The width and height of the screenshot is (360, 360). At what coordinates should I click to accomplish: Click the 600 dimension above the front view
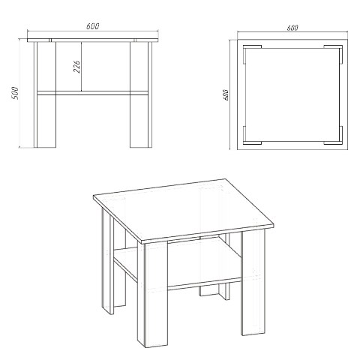click(x=93, y=26)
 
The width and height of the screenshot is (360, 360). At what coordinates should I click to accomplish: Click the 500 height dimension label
click(x=15, y=93)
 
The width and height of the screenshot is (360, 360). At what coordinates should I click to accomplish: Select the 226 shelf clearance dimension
click(x=77, y=67)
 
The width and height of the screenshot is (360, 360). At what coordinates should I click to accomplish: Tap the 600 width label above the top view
click(x=292, y=28)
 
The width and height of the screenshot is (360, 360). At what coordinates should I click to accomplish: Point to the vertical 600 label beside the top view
click(x=226, y=95)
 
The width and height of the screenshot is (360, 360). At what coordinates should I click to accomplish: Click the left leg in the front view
click(x=45, y=94)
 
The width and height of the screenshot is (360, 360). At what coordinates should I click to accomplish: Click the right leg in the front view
click(x=141, y=94)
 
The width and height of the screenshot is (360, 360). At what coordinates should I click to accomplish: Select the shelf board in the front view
click(x=92, y=93)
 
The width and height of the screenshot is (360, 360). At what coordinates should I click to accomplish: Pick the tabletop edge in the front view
click(x=93, y=40)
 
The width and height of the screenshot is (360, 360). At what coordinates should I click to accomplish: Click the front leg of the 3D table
click(x=153, y=294)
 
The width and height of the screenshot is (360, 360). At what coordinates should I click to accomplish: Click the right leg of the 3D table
click(x=253, y=283)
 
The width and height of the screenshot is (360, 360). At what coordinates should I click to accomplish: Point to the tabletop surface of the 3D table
click(x=184, y=210)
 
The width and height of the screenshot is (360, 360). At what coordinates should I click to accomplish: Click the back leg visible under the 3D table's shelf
click(x=214, y=292)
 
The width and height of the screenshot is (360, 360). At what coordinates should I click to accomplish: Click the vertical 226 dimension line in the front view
click(x=81, y=67)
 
